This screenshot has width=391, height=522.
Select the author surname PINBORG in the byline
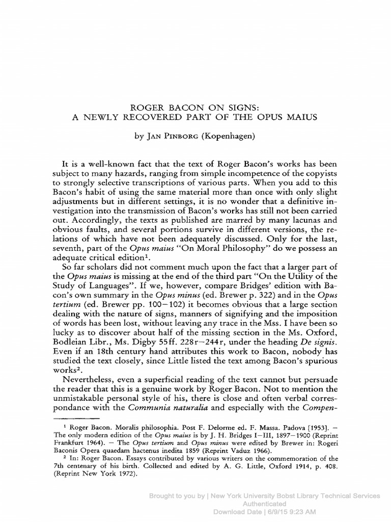179,137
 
